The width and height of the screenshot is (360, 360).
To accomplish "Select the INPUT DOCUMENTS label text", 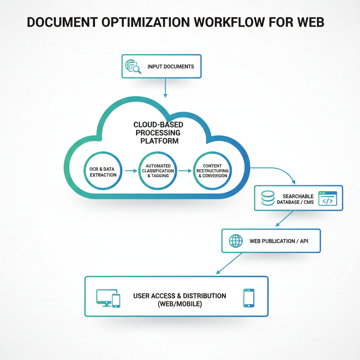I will coord(171,66).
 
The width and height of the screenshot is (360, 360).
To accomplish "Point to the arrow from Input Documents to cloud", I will coord(165,88).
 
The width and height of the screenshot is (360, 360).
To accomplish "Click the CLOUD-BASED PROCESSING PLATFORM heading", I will coord(158,133).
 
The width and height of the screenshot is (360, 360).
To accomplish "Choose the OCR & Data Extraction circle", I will coord(102,172).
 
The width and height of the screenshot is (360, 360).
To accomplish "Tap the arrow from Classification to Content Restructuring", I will coord(184,171).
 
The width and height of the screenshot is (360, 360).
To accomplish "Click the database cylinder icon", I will coord(268,198).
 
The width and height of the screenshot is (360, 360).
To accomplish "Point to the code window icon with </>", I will coord(327,198).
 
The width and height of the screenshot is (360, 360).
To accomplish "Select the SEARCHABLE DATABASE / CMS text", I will coord(295,199).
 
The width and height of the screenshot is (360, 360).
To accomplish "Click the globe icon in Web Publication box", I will coord(236,241).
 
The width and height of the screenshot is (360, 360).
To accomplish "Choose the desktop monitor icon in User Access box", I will coord(104,297).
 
